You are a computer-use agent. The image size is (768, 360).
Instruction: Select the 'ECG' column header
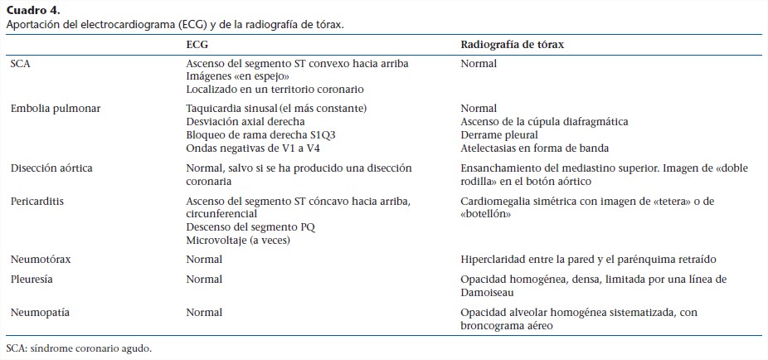click(197, 43)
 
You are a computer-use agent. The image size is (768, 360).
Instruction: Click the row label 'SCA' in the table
click(20, 63)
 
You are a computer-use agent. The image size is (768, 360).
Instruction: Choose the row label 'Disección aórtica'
click(51, 168)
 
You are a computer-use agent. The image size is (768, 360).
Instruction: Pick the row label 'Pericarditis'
click(37, 202)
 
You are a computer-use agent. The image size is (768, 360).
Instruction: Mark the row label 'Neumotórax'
click(41, 259)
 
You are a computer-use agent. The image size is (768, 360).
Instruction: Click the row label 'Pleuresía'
click(32, 279)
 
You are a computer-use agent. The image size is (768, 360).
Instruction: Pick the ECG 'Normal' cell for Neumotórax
click(204, 259)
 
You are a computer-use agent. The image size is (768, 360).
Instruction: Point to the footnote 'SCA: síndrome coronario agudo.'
click(79, 348)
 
